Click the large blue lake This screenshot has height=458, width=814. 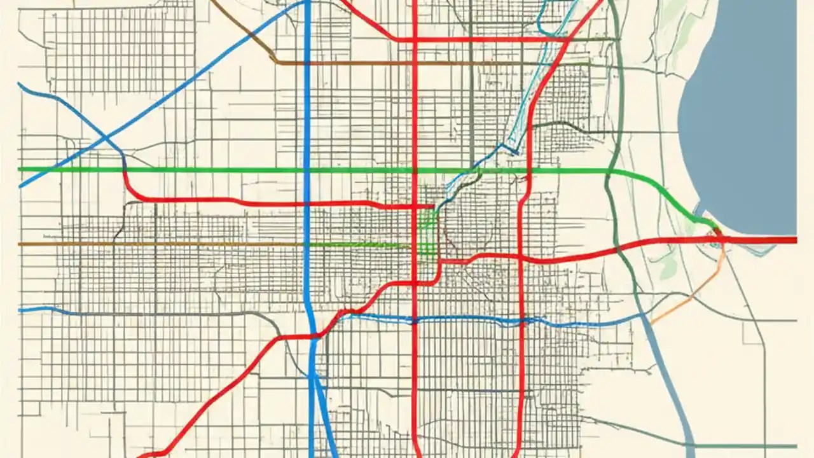click(x=744, y=114)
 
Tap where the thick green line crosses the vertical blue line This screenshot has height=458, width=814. click(x=307, y=170)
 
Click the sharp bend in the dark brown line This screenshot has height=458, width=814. click(x=275, y=62)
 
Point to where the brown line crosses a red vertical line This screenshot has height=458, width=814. click(x=415, y=63)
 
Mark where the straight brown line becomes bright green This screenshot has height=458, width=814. click(x=305, y=244)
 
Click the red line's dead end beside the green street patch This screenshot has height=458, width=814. click(x=434, y=206)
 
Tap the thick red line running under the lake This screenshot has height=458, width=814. click(x=763, y=240)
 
